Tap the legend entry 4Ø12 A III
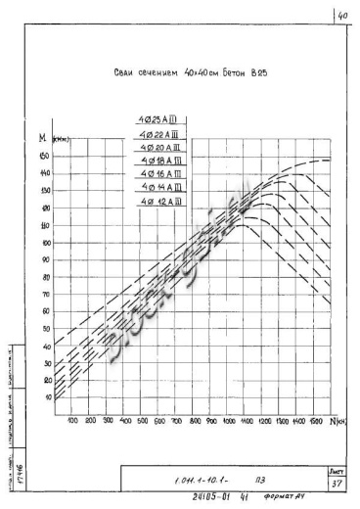coord(158,200)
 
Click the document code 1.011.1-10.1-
coord(204,482)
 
